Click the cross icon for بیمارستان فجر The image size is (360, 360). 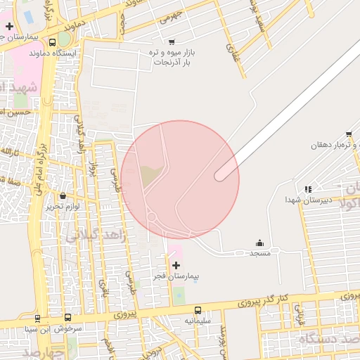tap(175, 264)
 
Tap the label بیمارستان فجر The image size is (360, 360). tap(176, 276)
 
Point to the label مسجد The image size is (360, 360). tap(259, 252)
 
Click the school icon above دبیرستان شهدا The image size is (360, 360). tap(308, 189)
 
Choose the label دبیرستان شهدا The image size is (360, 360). tap(307, 200)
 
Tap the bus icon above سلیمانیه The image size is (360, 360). tap(197, 310)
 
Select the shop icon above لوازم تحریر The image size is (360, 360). tap(64, 196)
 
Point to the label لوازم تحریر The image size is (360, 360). tap(63, 207)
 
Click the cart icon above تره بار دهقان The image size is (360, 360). tap(349, 134)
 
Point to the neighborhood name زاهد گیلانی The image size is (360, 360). tap(96, 236)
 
